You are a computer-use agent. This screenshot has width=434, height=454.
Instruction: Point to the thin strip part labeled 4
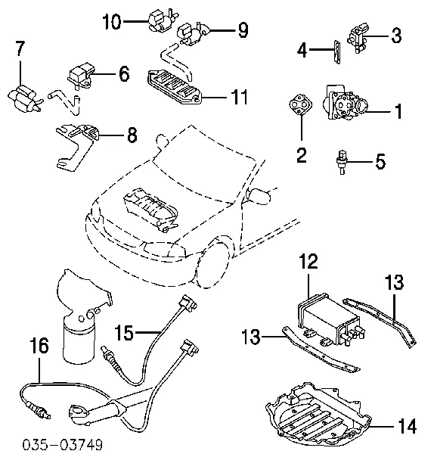pos(333,51)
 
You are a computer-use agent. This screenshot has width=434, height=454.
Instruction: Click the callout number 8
pos(132,136)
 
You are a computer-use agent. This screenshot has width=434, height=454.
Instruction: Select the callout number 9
pos(241,30)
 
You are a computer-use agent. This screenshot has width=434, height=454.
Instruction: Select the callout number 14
pos(407,426)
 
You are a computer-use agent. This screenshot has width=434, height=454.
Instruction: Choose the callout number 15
pos(125,331)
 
